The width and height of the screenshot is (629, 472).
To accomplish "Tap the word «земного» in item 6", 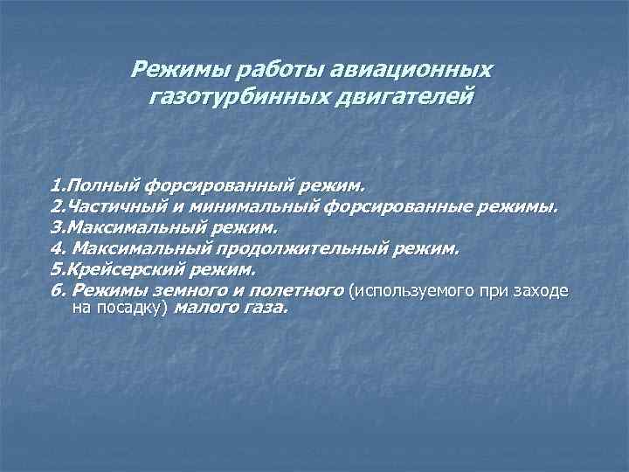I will coord(191,291).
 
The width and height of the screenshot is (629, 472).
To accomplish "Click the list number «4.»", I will coord(57,249).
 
